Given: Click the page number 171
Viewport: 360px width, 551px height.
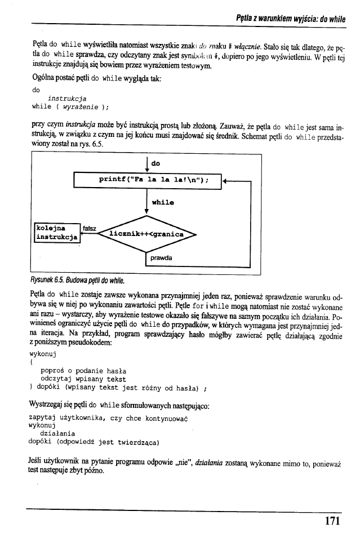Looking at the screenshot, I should (x=332, y=520).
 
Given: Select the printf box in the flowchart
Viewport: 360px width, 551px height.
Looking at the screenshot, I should (x=147, y=180).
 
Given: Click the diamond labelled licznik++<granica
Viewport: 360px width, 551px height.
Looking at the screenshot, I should (x=146, y=233).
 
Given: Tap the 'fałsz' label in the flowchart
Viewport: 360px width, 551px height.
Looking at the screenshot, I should (x=90, y=228).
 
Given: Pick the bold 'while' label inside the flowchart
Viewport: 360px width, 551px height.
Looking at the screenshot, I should (x=163, y=202).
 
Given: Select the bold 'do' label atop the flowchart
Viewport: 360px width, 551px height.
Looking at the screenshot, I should (x=155, y=163).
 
